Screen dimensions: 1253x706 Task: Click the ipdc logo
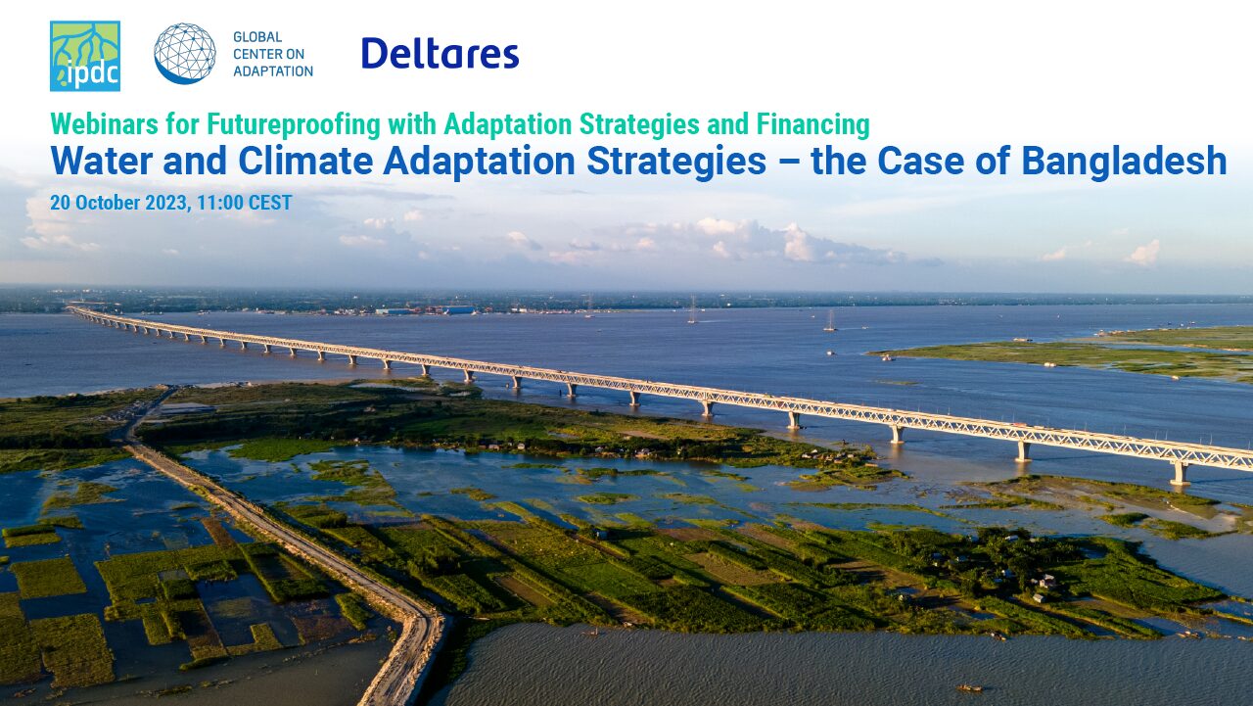click(x=85, y=56)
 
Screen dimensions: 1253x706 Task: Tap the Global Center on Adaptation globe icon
click(x=185, y=54)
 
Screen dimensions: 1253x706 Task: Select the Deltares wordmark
click(x=441, y=54)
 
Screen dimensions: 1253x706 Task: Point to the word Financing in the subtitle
click(x=812, y=125)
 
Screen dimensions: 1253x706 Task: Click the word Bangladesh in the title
click(x=1125, y=163)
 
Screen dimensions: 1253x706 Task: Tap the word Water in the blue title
click(x=102, y=162)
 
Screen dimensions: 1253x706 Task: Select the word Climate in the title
click(x=305, y=162)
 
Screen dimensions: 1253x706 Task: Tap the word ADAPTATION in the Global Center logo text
click(x=273, y=71)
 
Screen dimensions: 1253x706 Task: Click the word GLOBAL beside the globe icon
click(x=257, y=37)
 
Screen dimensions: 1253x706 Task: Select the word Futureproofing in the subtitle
click(x=294, y=125)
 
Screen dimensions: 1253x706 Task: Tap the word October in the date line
click(x=108, y=203)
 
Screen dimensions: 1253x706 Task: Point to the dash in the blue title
click(x=789, y=164)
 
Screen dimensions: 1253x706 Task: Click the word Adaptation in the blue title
click(x=480, y=163)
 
